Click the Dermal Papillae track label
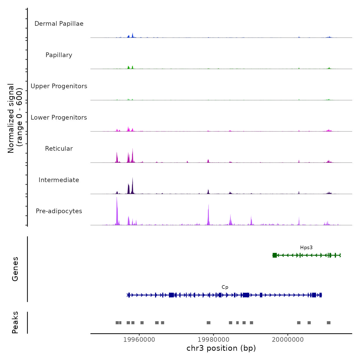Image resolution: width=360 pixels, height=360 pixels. pyautogui.click(x=59, y=24)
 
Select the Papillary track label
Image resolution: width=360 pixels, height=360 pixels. pyautogui.click(x=59, y=55)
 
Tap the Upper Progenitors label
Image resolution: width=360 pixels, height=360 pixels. pyautogui.click(x=59, y=86)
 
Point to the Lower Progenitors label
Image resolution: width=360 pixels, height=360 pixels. pyautogui.click(x=59, y=118)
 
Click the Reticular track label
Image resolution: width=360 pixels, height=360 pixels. pyautogui.click(x=59, y=149)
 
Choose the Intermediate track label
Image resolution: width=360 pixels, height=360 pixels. pyautogui.click(x=59, y=180)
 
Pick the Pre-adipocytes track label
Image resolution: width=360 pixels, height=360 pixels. pyautogui.click(x=59, y=211)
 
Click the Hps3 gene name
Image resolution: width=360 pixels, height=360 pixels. pyautogui.click(x=306, y=248)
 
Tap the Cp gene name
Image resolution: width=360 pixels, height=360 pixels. pyautogui.click(x=225, y=287)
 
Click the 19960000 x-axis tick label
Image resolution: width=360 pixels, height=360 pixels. pyautogui.click(x=139, y=340)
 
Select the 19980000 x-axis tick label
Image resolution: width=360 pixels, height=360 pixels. pyautogui.click(x=213, y=340)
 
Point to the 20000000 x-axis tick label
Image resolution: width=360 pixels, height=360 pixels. pyautogui.click(x=288, y=340)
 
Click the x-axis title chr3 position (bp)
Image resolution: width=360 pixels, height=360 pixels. pyautogui.click(x=221, y=348)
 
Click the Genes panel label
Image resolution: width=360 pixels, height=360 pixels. pyautogui.click(x=15, y=269)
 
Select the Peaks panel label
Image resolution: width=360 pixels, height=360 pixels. pyautogui.click(x=15, y=322)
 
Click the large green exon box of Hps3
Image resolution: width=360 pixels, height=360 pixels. pyautogui.click(x=275, y=255)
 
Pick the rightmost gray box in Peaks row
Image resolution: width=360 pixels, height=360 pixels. pyautogui.click(x=329, y=323)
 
